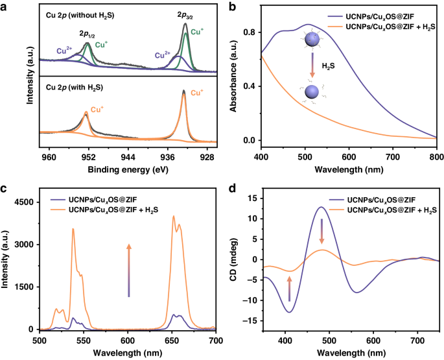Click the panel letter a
click(5, 5)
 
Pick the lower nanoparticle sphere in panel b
click(311, 92)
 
